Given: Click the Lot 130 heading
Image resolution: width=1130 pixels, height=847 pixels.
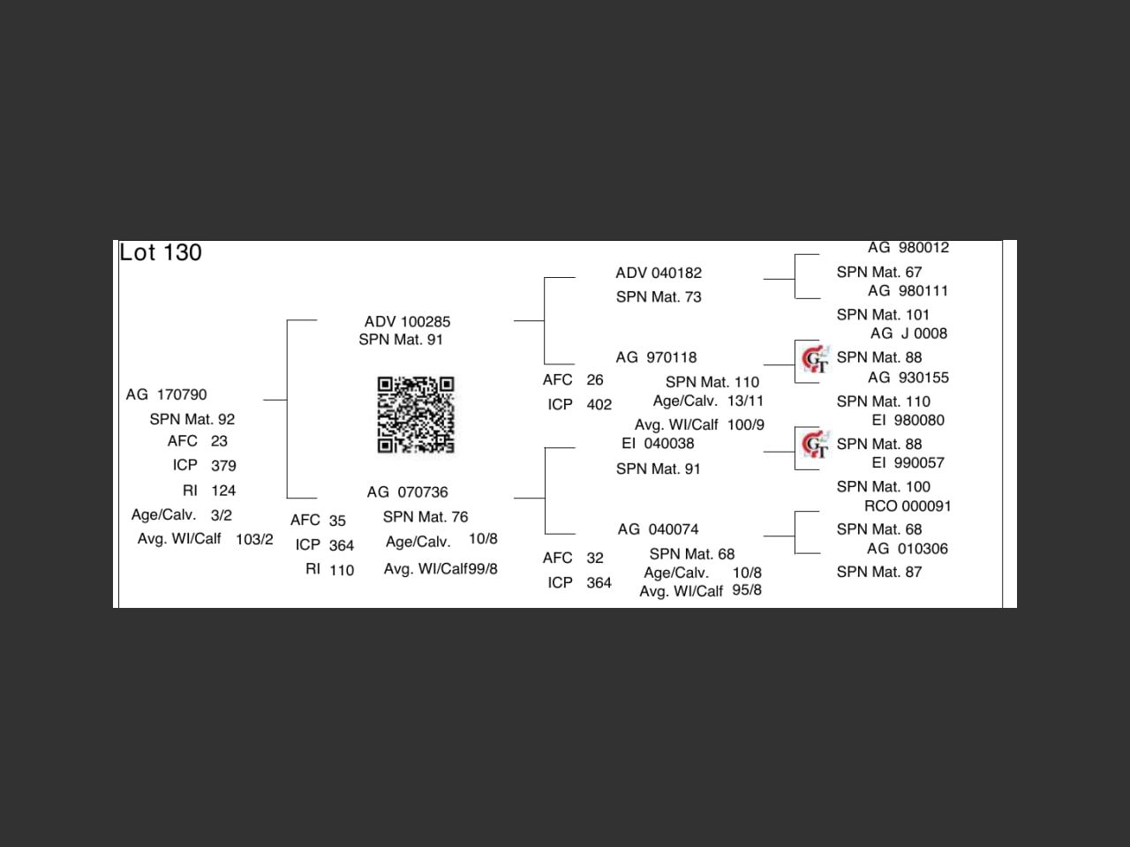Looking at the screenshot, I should click(161, 252).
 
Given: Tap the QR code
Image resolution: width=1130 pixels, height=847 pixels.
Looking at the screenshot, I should click(416, 415).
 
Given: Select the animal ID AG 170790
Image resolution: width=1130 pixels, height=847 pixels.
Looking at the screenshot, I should click(167, 394).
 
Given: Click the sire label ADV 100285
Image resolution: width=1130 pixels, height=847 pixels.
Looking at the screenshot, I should click(407, 321).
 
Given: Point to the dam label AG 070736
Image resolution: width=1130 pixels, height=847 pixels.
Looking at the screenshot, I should click(407, 492).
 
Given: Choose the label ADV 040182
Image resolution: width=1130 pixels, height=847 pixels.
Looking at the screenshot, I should click(659, 273).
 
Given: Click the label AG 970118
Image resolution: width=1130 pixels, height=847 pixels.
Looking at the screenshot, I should click(656, 357).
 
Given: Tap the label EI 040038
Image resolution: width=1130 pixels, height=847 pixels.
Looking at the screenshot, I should click(658, 444).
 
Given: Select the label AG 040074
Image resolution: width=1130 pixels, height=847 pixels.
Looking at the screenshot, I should click(658, 529).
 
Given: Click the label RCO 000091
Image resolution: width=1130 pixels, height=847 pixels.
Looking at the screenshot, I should click(908, 506).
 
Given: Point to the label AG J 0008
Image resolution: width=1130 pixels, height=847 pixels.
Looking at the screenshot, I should click(908, 334).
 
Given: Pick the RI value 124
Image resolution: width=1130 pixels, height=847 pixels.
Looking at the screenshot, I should click(223, 491).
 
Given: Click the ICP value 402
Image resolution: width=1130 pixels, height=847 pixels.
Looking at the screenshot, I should click(599, 405).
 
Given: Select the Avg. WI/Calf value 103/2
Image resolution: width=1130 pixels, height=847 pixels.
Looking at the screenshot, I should click(254, 540).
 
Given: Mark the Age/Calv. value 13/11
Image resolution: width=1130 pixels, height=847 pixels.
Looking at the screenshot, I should click(745, 401).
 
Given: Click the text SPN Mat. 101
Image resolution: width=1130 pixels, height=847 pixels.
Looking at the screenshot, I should click(883, 315).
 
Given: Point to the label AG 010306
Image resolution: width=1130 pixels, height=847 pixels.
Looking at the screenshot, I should click(908, 549).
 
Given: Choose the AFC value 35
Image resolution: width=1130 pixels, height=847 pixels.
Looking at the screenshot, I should click(337, 521).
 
